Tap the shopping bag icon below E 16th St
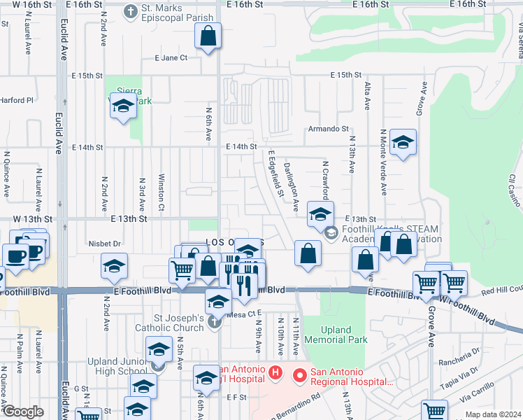point(208,36)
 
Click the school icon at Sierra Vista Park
point(123,107)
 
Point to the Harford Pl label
point(17,100)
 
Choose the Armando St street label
point(329,129)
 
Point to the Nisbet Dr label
point(106,244)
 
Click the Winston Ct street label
point(161,192)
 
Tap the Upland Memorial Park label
point(344,335)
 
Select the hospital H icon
point(275,373)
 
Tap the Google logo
point(23,412)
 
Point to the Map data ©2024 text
point(494,414)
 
